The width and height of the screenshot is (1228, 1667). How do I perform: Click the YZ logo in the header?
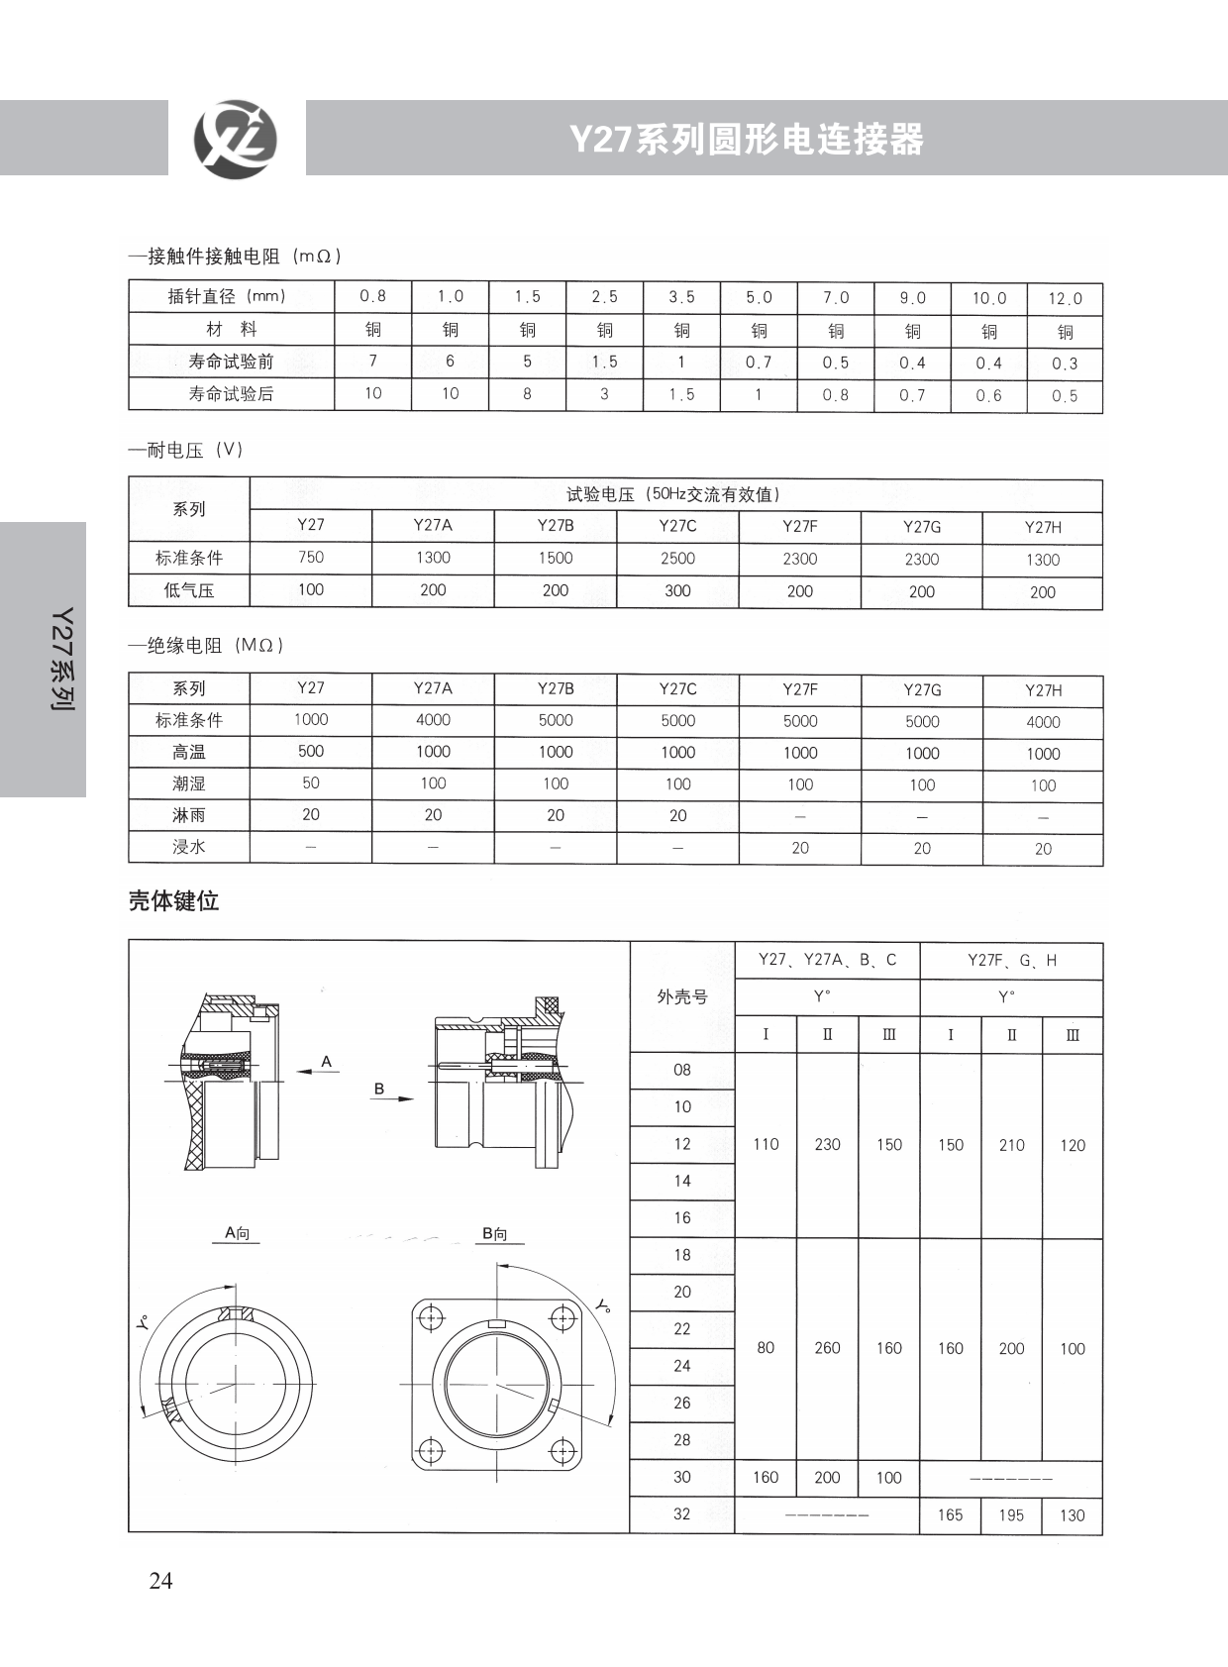235,140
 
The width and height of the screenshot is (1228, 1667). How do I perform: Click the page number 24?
160,1581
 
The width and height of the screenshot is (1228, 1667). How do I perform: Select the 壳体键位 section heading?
174,901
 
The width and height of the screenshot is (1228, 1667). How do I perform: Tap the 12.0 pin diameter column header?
1065,298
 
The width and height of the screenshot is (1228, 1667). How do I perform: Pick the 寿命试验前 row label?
231,362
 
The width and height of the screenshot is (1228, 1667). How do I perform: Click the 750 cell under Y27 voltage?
310,557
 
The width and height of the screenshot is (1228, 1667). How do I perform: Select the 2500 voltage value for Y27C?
677,559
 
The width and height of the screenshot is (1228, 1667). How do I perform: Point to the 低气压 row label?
189,591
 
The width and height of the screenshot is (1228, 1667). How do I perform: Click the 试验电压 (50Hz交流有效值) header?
674,494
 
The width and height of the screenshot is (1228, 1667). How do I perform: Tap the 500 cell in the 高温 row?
310,751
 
